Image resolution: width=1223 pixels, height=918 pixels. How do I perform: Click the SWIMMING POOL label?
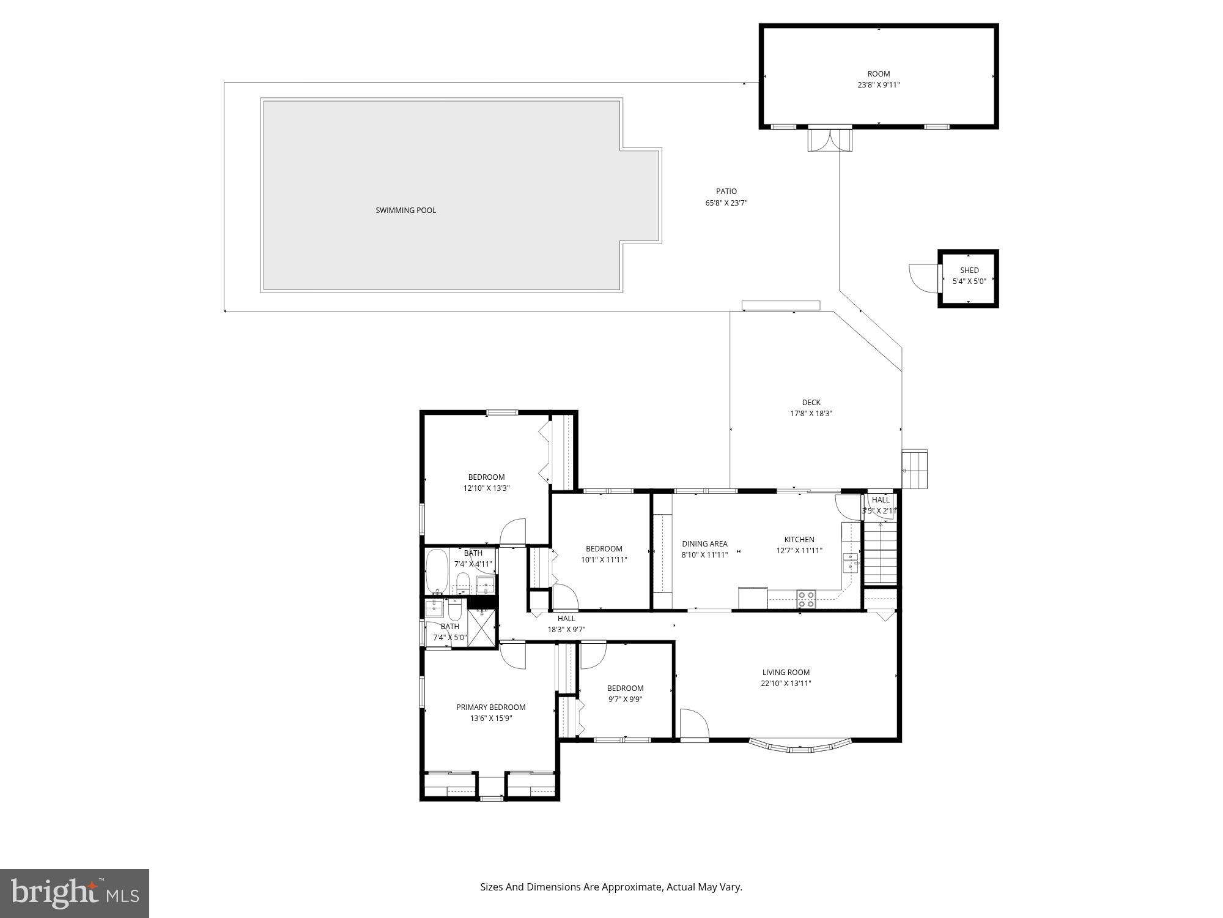coord(405,211)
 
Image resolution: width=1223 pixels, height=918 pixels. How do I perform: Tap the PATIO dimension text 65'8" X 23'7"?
coord(726,203)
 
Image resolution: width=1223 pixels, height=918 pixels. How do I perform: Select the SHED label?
coord(969,270)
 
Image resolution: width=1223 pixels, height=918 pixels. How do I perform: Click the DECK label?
coord(811,402)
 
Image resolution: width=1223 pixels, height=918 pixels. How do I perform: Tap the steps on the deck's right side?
coord(915,469)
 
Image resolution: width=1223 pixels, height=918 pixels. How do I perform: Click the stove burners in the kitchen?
coord(805,599)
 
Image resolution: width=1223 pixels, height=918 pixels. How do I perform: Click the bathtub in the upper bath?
coord(437,572)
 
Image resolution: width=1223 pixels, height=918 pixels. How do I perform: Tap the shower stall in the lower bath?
coord(482,628)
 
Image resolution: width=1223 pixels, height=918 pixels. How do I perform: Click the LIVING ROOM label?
coord(786,672)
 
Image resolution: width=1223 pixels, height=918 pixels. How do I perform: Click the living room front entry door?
coord(693,725)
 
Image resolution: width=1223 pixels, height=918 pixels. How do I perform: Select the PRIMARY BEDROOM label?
coord(490,707)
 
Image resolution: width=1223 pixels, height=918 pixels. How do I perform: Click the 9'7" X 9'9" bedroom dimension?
coord(625,699)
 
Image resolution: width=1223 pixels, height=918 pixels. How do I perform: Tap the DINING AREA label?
coord(704,543)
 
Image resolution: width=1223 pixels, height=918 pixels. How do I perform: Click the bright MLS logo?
coord(75,894)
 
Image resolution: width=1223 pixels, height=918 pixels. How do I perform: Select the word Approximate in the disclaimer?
coord(632,887)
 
